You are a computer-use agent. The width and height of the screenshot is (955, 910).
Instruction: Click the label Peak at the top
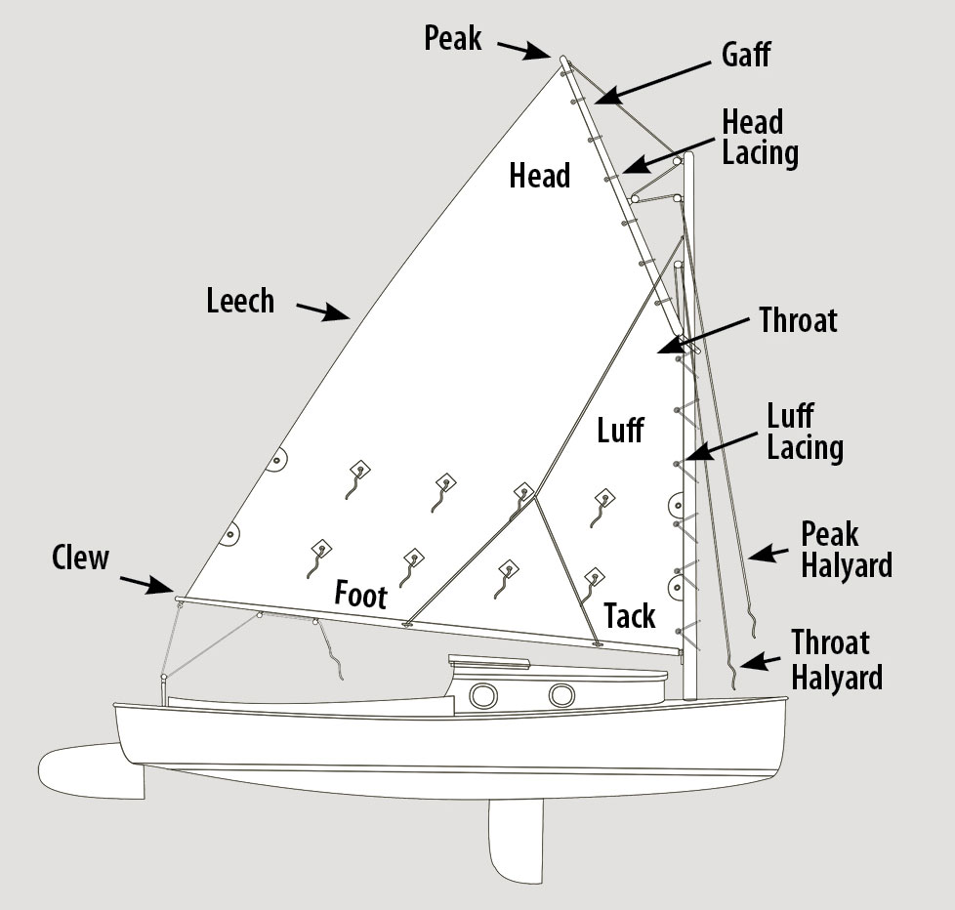[x=453, y=38]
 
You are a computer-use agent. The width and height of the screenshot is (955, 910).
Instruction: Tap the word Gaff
[x=745, y=54]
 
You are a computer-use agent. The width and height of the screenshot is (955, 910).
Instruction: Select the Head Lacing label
[x=760, y=138]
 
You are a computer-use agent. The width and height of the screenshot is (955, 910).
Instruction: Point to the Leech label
[x=240, y=300]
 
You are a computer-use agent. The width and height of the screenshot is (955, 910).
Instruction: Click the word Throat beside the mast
[x=799, y=319]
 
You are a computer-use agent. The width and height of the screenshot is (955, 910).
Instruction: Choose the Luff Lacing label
[x=805, y=432]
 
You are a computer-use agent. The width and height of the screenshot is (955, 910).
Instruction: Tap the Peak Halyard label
[x=846, y=549]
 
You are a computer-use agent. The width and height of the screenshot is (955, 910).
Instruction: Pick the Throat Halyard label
[x=836, y=659]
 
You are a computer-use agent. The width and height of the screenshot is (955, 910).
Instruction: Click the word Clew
[x=80, y=558]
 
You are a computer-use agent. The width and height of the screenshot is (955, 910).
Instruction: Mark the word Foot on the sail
[x=361, y=595]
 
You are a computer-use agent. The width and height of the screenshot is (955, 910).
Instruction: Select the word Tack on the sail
[x=629, y=616]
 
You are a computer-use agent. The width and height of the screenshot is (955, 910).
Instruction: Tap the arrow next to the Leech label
[x=322, y=311]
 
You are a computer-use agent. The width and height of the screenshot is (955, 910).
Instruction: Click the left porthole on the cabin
[x=483, y=695]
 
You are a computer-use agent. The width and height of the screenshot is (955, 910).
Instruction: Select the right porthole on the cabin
[x=561, y=695]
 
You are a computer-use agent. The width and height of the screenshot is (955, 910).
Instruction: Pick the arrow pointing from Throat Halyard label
[x=754, y=662]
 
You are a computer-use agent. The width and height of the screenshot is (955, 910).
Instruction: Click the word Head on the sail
[x=539, y=176]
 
